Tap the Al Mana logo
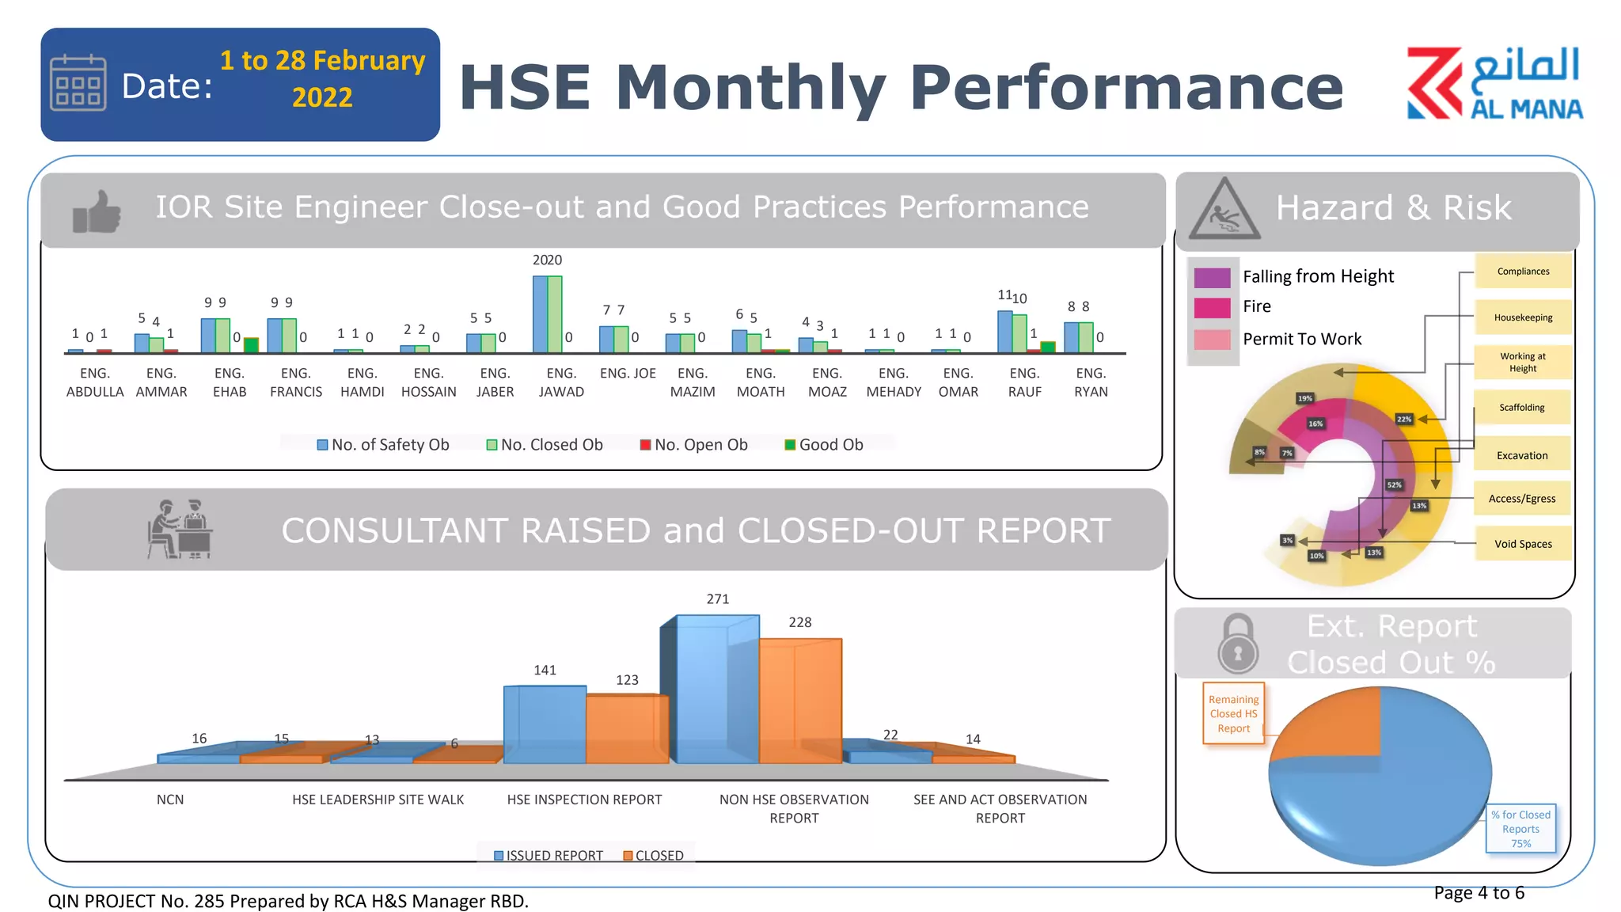pyautogui.click(x=1494, y=83)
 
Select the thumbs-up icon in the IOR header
pyautogui.click(x=97, y=212)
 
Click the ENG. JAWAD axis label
pyautogui.click(x=561, y=382)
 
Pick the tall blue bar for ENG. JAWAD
pyautogui.click(x=540, y=314)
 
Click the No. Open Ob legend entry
pyautogui.click(x=693, y=445)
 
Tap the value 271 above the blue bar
pyautogui.click(x=718, y=599)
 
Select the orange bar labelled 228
pyautogui.click(x=799, y=701)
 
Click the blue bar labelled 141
pyautogui.click(x=545, y=724)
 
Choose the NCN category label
pyautogui.click(x=170, y=800)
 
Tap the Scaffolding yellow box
pyautogui.click(x=1522, y=408)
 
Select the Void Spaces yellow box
pyautogui.click(x=1522, y=544)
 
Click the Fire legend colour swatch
pyautogui.click(x=1212, y=307)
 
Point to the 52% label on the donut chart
pyautogui.click(x=1394, y=484)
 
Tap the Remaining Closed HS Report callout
pyautogui.click(x=1233, y=713)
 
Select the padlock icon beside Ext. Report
pyautogui.click(x=1238, y=643)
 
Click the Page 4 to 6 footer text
pyautogui.click(x=1479, y=893)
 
